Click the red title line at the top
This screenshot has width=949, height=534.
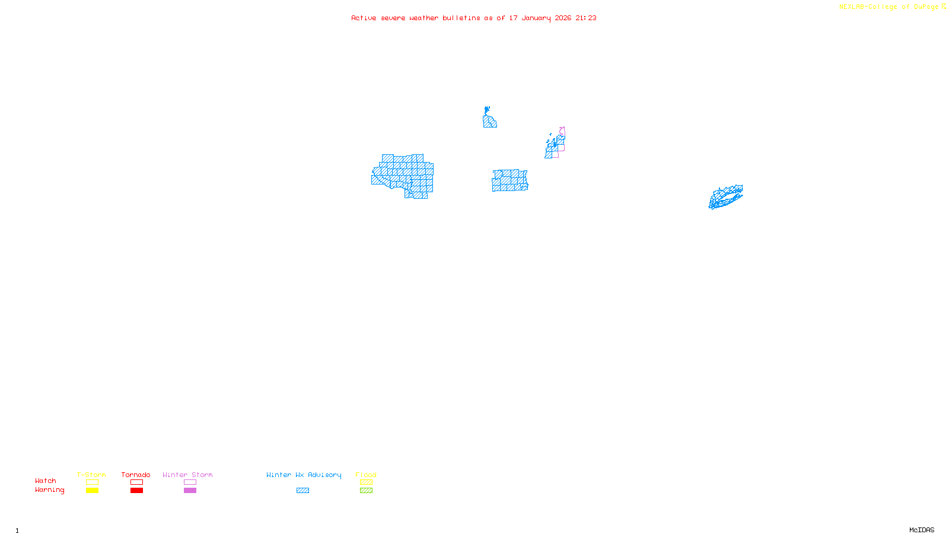[473, 18]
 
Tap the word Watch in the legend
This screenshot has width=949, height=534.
[46, 481]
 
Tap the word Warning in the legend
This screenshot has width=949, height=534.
[49, 490]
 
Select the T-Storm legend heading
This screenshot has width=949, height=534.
[91, 475]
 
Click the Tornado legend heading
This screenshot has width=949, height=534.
[136, 475]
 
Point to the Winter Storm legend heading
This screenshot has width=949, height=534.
[187, 475]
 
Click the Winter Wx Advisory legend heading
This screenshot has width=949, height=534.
[304, 475]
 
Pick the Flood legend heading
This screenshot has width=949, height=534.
[366, 475]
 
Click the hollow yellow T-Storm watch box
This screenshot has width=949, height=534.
[92, 482]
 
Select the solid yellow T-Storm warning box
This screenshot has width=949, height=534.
[92, 491]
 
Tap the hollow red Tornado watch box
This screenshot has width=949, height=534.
[136, 482]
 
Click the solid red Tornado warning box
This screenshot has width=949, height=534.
[136, 491]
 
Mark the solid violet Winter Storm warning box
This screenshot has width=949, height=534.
[190, 491]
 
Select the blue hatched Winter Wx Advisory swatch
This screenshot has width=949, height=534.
[302, 491]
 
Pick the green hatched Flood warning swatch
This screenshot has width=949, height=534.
[366, 491]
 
